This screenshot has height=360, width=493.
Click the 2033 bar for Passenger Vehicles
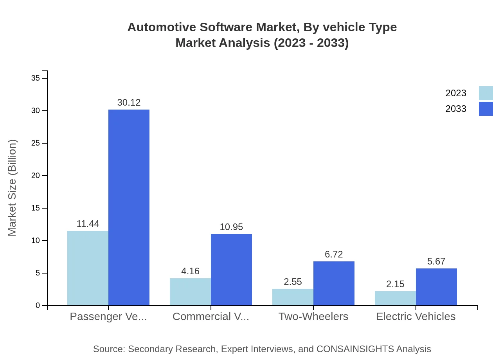(x=129, y=207)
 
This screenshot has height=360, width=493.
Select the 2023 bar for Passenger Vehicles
(x=88, y=268)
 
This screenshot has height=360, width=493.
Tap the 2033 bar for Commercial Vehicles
(x=231, y=270)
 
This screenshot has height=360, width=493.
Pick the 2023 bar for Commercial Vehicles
(x=190, y=292)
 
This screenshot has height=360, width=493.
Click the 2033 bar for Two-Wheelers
(x=334, y=283)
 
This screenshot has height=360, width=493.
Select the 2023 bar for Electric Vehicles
(x=395, y=298)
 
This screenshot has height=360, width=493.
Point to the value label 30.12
(x=129, y=103)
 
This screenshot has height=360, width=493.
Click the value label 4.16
(x=190, y=271)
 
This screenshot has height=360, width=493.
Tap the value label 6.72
(x=334, y=254)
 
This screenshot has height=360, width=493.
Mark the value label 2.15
(x=395, y=284)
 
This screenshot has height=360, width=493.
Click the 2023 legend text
(x=456, y=93)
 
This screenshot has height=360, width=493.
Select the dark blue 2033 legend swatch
(x=486, y=109)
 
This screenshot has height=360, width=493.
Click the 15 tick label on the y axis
(x=36, y=208)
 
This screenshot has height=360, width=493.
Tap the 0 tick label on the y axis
(x=38, y=306)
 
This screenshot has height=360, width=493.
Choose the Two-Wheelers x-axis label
(x=313, y=317)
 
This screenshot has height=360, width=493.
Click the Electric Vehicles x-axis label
(x=416, y=317)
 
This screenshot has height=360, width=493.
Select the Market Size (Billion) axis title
(x=12, y=188)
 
